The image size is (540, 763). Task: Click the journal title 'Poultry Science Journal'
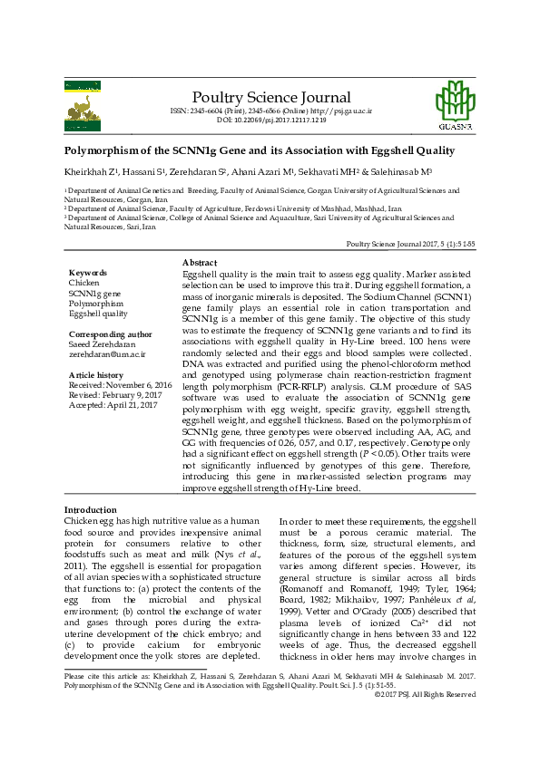pos(271,98)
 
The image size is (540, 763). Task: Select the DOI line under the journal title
pos(271,121)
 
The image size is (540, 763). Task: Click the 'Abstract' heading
pos(200,262)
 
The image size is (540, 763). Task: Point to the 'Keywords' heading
pos(88,273)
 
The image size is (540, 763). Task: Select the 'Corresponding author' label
pos(108,334)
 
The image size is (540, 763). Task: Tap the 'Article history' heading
pos(96,374)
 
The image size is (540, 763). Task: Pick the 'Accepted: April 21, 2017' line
pos(113,405)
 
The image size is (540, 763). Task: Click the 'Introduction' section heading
pos(90,510)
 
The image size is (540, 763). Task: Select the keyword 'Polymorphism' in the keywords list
pos(95,304)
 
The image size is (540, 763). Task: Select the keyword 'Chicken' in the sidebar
pos(84,283)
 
